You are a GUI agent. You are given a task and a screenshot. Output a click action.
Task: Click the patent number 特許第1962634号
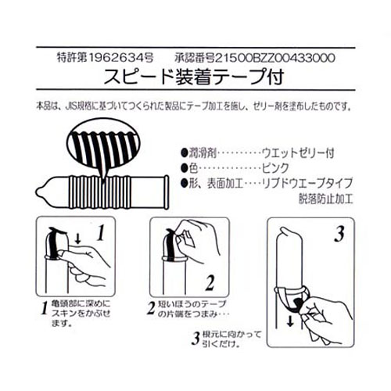(105, 58)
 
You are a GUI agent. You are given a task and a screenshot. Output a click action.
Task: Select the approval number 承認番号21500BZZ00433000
(255, 58)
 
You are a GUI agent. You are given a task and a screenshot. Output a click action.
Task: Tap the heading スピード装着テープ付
(194, 77)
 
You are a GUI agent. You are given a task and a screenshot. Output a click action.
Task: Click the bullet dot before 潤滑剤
(185, 152)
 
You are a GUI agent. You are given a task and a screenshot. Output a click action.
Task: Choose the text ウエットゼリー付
(298, 152)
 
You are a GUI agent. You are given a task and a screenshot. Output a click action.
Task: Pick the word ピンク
(275, 168)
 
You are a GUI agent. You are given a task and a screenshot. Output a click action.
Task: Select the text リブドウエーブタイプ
(307, 183)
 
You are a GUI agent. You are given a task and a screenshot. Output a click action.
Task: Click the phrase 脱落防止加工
(325, 199)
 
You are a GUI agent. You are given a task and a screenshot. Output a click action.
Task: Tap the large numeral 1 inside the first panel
(101, 232)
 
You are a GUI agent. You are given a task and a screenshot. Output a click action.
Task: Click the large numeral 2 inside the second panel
(210, 282)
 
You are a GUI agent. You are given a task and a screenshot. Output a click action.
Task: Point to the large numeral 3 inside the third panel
(339, 234)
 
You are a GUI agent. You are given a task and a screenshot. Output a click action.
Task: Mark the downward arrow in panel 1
(77, 239)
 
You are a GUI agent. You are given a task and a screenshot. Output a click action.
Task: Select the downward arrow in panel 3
(289, 321)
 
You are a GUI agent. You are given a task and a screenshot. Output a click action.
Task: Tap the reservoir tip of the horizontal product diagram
(39, 192)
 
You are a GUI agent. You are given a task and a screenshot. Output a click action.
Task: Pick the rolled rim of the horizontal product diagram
(166, 192)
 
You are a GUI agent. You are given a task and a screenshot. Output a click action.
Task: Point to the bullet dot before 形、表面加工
(185, 183)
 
